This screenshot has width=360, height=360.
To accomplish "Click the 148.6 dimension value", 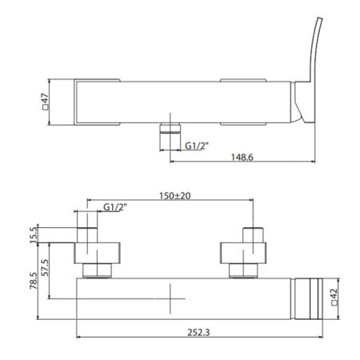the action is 242,157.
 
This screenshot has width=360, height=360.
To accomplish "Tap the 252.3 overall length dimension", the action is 198,332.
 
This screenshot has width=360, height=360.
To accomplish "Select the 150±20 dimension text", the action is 175,196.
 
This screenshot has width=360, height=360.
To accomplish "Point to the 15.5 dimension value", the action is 34,234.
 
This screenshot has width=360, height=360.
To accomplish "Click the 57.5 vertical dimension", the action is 46,267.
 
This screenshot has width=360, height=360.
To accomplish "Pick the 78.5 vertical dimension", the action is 34,281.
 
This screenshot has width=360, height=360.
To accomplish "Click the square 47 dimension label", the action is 46,102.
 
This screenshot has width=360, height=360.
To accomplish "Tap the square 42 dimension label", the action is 334,297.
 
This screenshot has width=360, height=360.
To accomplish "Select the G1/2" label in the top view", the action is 197,146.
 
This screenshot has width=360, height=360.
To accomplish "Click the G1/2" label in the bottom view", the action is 115,207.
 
